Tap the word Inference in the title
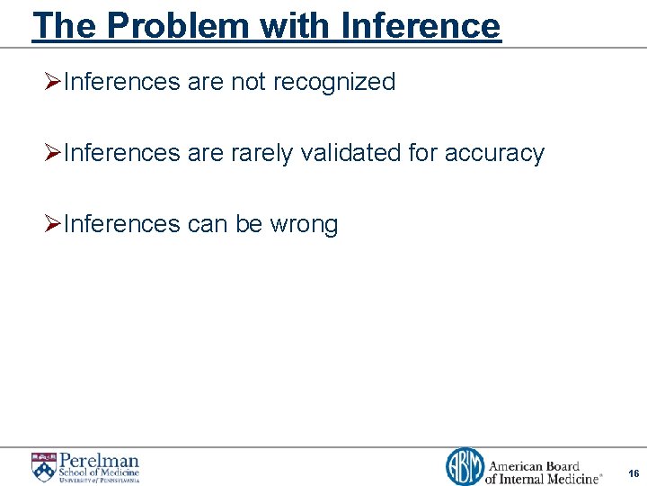click(x=421, y=25)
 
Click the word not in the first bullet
click(x=247, y=82)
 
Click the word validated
click(x=350, y=153)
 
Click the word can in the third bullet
click(x=207, y=224)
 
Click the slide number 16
click(x=634, y=473)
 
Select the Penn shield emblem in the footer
click(x=43, y=467)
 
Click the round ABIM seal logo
click(x=465, y=467)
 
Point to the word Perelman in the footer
click(x=99, y=460)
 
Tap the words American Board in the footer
click(x=534, y=466)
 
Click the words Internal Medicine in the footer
click(x=554, y=478)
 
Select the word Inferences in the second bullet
click(x=123, y=153)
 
